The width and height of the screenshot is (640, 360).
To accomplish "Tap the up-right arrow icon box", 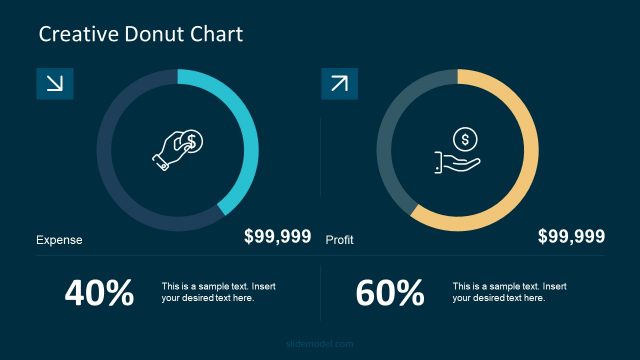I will [x=339, y=84].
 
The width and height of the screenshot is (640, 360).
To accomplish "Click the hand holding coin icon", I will [x=178, y=148].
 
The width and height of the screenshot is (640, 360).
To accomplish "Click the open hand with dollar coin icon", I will [x=458, y=151].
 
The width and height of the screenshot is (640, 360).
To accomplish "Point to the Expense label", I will [x=59, y=240].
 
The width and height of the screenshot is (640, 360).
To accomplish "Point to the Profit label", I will [x=340, y=240].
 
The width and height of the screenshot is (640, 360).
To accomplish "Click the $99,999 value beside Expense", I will [x=277, y=237].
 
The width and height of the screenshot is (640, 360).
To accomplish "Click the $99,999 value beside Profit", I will [x=571, y=237].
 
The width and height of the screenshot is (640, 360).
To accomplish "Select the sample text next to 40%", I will [x=218, y=292].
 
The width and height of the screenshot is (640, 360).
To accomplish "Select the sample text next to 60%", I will [x=509, y=292].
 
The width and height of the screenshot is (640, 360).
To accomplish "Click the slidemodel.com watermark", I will [x=320, y=343].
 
